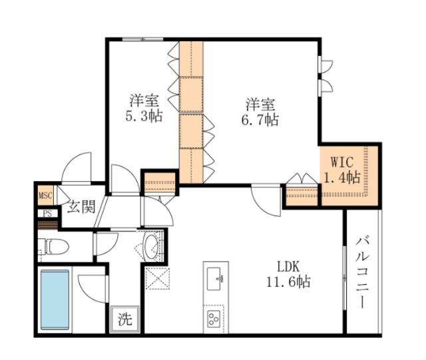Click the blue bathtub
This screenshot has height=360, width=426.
[55, 299]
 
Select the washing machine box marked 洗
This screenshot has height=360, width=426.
[125, 319]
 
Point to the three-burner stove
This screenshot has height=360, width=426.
[214, 319]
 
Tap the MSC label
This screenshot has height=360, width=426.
[45, 196]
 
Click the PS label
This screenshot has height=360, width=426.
[47, 214]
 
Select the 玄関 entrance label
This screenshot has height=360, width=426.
[81, 206]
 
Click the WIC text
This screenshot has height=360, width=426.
[342, 162]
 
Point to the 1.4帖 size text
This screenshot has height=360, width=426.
[342, 178]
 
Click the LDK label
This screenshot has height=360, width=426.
[288, 267]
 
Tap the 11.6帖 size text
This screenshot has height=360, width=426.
[288, 281]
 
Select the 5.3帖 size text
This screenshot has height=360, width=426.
[144, 116]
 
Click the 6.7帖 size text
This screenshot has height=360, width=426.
[260, 119]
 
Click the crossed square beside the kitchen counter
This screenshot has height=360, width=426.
[157, 279]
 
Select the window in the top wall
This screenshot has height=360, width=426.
[142, 39]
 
